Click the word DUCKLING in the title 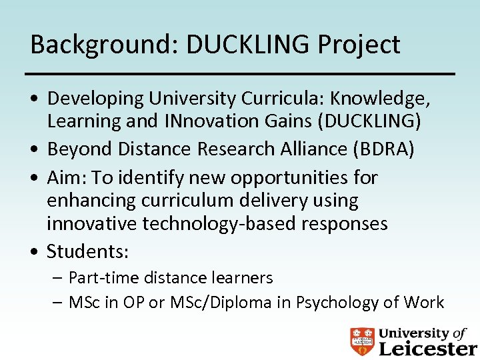(x=248, y=45)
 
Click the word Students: (x=87, y=251)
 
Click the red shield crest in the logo (x=362, y=341)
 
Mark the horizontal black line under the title (x=239, y=73)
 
